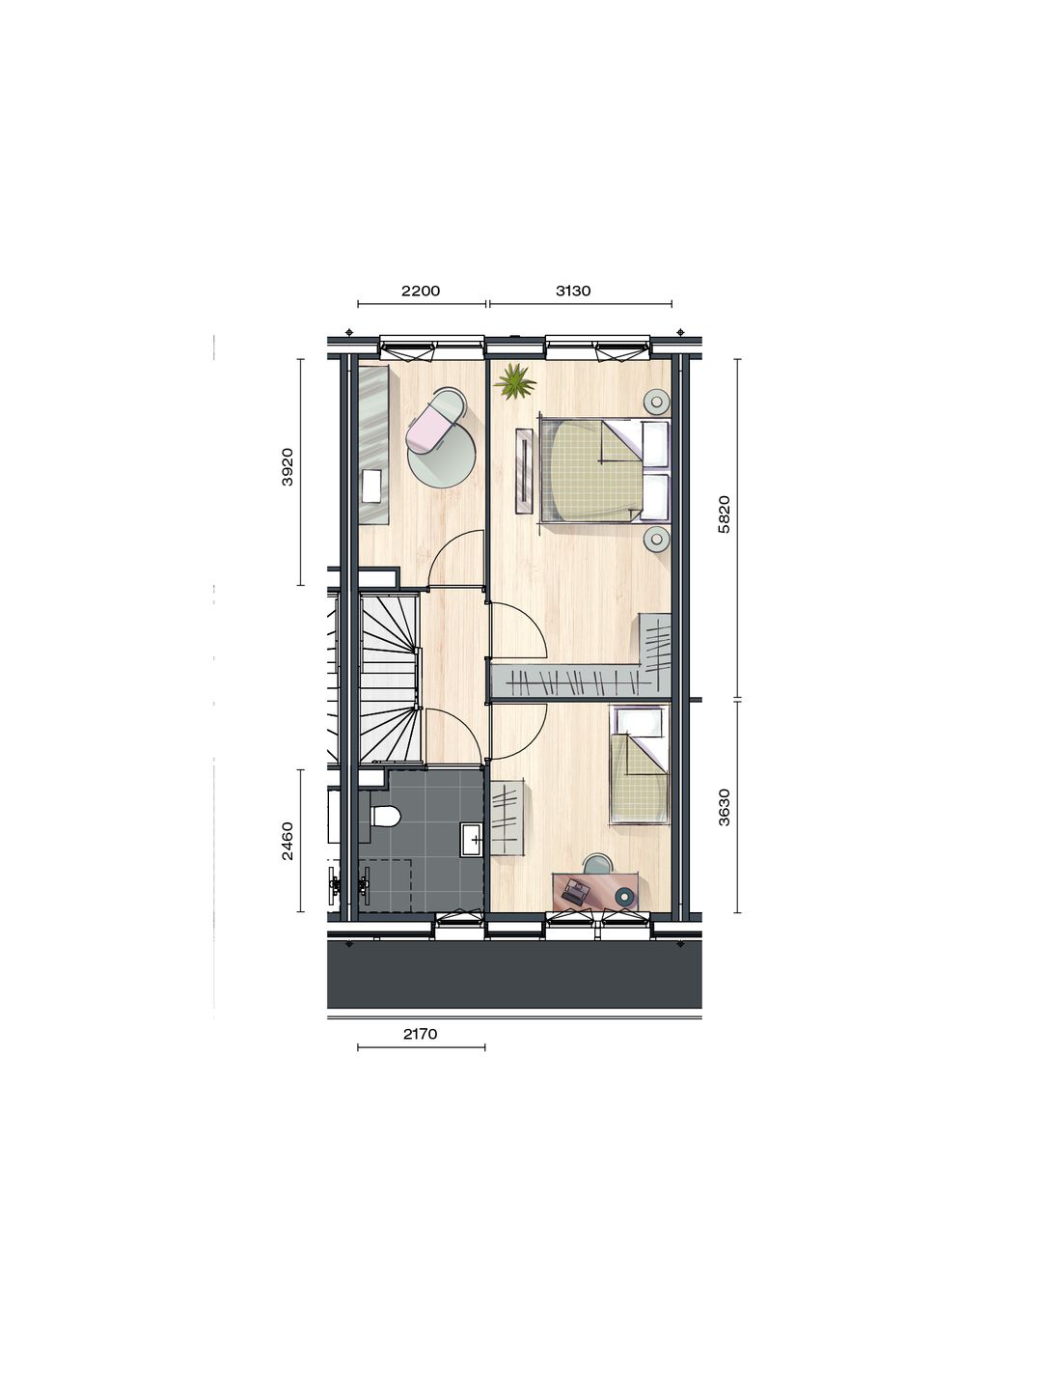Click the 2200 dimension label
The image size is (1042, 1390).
tap(421, 291)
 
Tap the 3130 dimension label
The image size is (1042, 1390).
tap(573, 291)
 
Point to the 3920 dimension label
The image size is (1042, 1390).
tap(287, 466)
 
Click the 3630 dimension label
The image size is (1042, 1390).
tap(726, 807)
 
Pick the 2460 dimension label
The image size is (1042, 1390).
tap(287, 841)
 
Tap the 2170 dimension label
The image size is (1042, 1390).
tap(421, 1034)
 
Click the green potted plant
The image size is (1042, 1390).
tap(515, 382)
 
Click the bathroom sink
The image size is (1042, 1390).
tap(473, 838)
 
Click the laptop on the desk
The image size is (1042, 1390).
tap(577, 891)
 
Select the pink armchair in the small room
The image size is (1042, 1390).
tap(431, 427)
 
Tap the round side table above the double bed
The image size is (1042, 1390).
tap(658, 402)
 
